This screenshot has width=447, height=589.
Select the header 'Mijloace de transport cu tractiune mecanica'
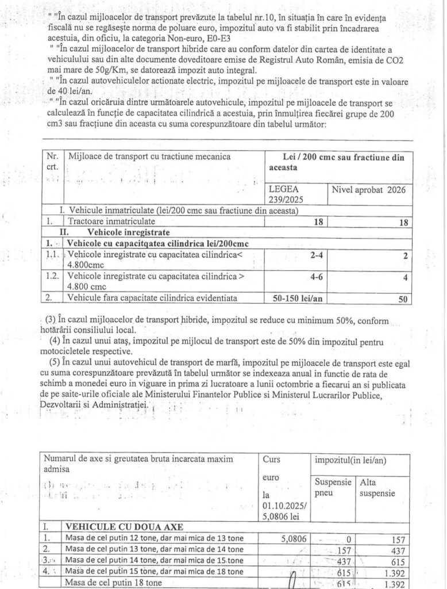pos(149,156)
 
